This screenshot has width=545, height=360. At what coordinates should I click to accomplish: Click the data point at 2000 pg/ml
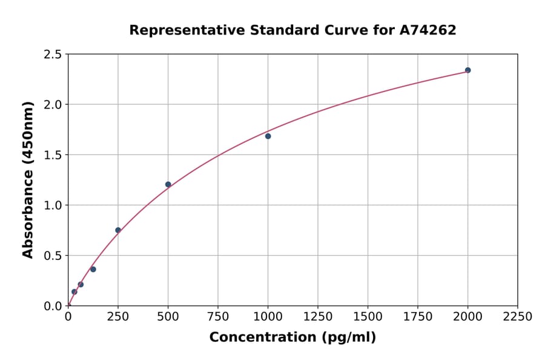(x=467, y=70)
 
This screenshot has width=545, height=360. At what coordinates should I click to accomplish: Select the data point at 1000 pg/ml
(x=268, y=136)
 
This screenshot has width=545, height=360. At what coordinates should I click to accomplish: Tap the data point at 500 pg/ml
(x=168, y=184)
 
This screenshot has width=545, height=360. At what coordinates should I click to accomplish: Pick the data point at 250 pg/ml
(x=118, y=230)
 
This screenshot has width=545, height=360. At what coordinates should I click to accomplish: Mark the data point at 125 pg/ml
(x=93, y=269)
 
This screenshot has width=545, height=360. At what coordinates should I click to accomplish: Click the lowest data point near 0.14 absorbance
(x=74, y=292)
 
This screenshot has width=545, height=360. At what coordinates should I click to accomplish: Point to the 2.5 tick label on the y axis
(x=53, y=55)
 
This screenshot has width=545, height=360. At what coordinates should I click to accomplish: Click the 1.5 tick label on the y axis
(x=53, y=155)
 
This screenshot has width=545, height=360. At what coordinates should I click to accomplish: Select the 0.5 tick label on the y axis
(x=53, y=256)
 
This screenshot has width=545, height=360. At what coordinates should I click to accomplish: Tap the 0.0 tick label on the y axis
(x=53, y=306)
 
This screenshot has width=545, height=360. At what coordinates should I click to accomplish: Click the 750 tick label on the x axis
(x=218, y=317)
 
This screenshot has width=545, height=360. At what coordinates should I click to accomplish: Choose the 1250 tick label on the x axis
(x=318, y=317)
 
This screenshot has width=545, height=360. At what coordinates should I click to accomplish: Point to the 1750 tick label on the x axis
(x=418, y=317)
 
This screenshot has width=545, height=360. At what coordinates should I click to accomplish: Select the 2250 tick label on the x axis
(x=517, y=317)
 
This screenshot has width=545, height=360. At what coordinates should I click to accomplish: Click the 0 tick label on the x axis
(x=68, y=317)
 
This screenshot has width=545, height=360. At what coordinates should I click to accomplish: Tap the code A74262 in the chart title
(x=428, y=30)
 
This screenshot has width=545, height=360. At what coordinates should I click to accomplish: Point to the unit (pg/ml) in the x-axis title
(x=348, y=338)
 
